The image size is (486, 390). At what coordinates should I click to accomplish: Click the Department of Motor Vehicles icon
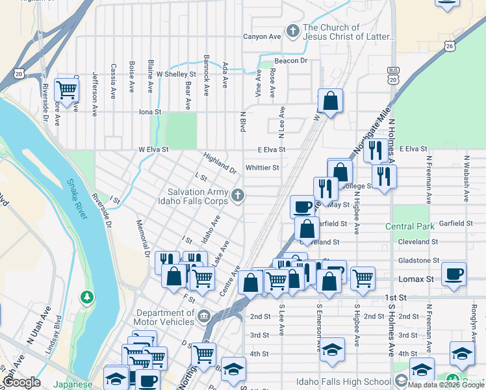pos(204,317)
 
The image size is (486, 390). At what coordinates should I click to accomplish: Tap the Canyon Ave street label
pos(262,36)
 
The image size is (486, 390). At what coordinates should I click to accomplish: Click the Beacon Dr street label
pos(290,60)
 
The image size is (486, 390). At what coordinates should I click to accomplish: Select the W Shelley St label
pos(176,74)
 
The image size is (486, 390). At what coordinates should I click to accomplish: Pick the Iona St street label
pos(149,112)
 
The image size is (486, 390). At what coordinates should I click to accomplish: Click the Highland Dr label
pos(220,163)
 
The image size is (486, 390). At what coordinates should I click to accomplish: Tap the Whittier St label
pos(262,167)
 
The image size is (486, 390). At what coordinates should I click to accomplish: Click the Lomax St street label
pos(411,278)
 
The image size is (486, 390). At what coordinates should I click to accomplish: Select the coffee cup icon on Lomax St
pos(454,273)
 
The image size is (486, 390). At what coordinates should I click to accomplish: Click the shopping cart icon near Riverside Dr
pos(66,90)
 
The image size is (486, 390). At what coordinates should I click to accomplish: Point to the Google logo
pos(21,382)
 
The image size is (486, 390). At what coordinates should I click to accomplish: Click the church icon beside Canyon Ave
pos(293,31)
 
